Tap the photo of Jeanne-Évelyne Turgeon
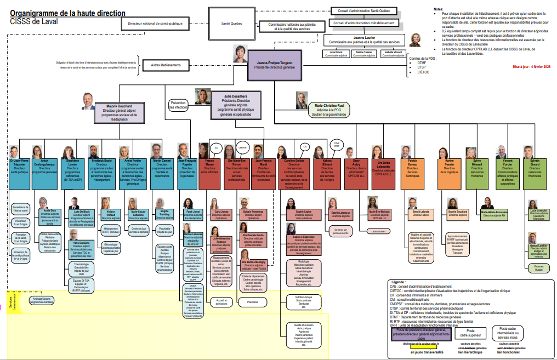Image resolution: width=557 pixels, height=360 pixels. (x=240, y=53)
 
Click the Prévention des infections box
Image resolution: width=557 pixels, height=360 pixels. (x=179, y=105)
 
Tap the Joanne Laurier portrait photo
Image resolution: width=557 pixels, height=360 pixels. (x=415, y=40)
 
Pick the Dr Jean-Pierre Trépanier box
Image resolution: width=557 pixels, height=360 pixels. (x=20, y=168)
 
